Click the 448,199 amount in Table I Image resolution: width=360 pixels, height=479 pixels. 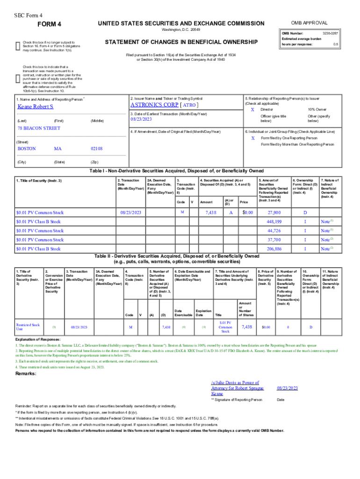(274, 221)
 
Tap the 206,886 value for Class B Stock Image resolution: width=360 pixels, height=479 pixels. (274, 249)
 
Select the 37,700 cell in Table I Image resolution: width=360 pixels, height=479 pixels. (274, 239)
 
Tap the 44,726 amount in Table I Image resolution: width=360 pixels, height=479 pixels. (274, 231)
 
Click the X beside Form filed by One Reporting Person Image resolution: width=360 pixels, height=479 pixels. (252, 138)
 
